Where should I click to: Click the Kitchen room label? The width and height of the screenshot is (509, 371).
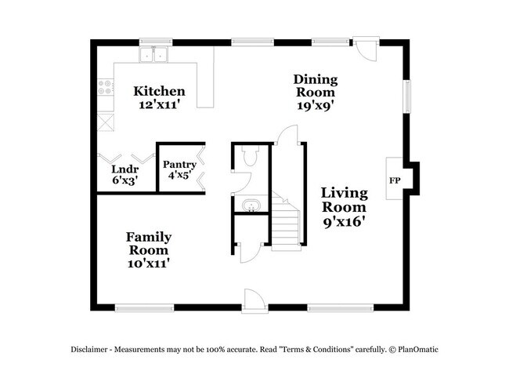pyautogui.click(x=159, y=91)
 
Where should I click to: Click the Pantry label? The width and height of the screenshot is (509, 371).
pyautogui.click(x=179, y=165)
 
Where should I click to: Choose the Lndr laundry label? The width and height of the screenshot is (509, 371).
pyautogui.click(x=124, y=169)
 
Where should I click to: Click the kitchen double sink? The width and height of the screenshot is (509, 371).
pyautogui.click(x=155, y=55)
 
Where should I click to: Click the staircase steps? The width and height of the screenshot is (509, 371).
pyautogui.click(x=286, y=224)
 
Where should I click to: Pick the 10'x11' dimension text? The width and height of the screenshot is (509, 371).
pyautogui.click(x=149, y=264)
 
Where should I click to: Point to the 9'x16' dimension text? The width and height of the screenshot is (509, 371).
pyautogui.click(x=344, y=221)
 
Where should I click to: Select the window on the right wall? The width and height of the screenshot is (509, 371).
pyautogui.click(x=406, y=95)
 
